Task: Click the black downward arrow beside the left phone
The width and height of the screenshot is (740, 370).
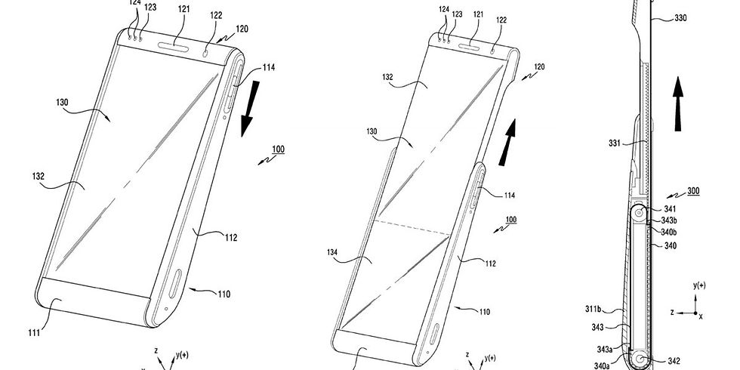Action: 247,113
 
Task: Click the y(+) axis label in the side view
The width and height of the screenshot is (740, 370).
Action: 699,286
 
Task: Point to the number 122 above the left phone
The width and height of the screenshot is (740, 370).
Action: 216,14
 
